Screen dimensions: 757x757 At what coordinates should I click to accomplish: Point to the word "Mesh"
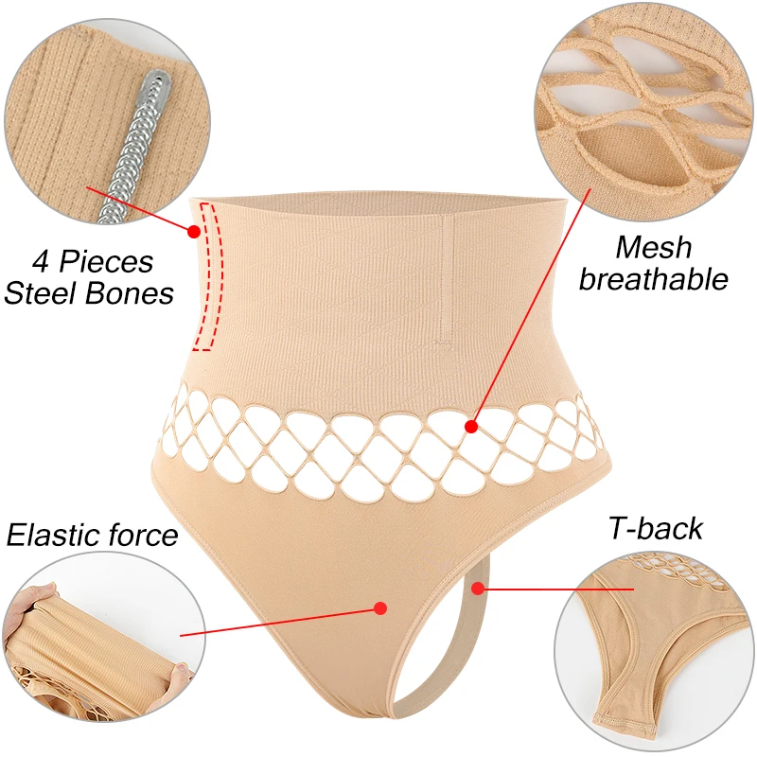[x=653, y=248]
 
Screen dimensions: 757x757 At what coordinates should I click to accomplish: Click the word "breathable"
[x=654, y=279]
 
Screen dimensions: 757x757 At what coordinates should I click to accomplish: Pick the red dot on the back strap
[x=478, y=588]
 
